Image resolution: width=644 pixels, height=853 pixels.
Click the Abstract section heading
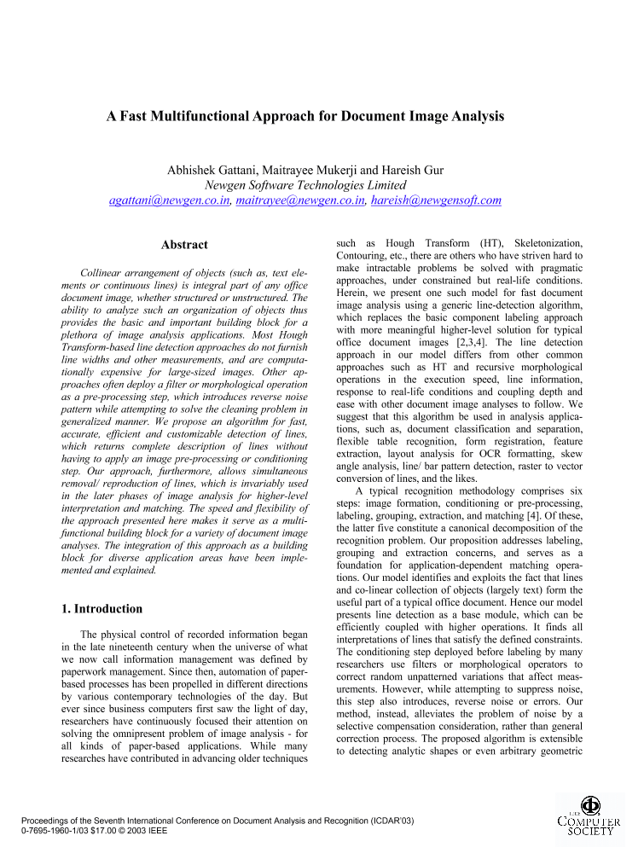point(184,245)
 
